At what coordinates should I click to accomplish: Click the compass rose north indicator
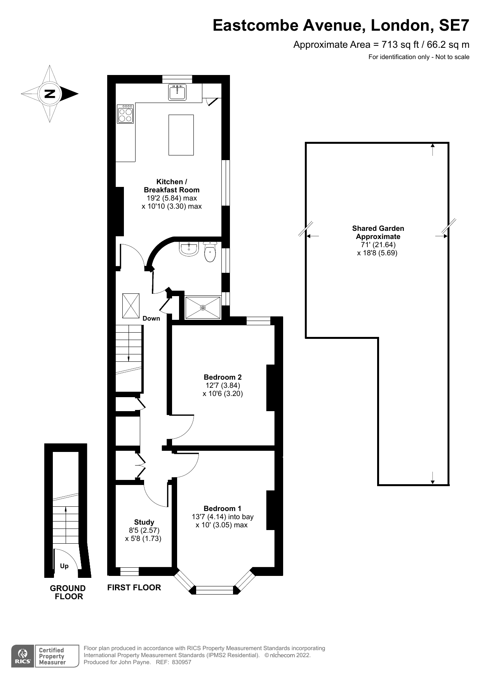50,94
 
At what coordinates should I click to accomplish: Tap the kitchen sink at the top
177,92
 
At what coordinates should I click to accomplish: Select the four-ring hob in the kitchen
125,114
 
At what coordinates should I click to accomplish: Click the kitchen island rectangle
181,135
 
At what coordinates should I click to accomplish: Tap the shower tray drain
203,308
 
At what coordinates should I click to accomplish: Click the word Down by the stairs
151,318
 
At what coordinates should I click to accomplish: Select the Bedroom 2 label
223,377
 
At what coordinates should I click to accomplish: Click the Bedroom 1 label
223,508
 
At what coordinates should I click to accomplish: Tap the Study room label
144,522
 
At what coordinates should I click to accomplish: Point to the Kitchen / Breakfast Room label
172,186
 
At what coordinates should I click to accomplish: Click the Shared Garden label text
378,232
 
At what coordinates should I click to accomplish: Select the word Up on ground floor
64,566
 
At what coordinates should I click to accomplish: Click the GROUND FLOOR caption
68,592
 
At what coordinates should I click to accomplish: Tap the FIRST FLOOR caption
134,587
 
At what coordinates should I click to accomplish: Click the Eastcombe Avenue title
341,26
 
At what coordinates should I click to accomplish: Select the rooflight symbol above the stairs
131,305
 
